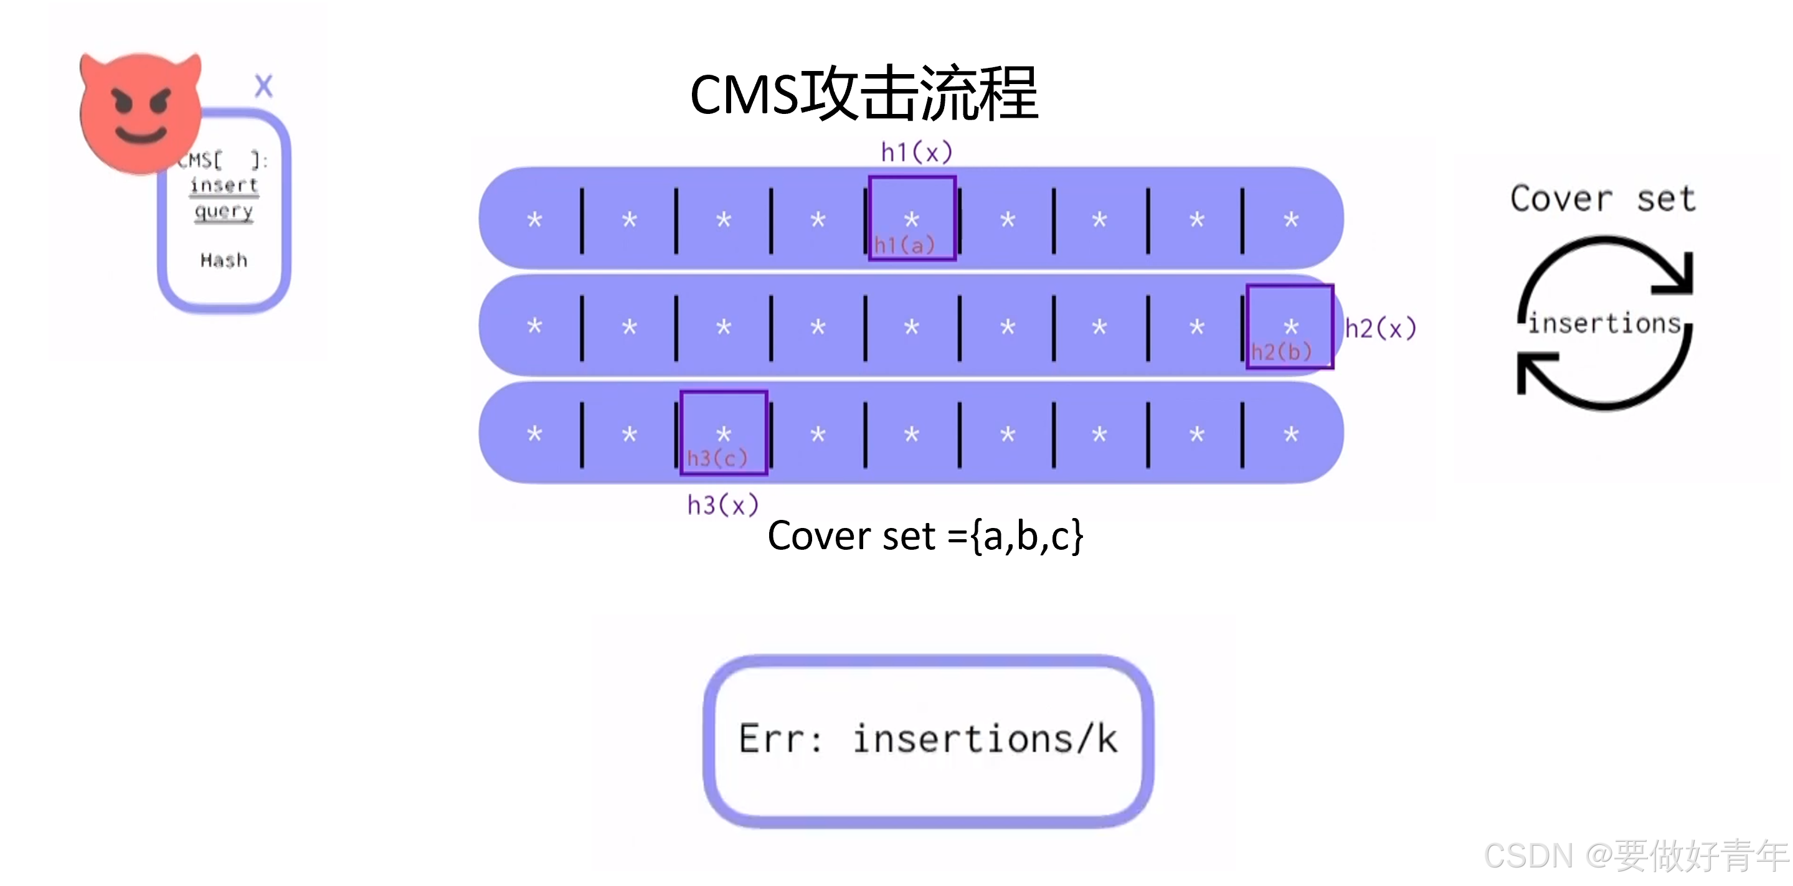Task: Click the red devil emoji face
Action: (141, 111)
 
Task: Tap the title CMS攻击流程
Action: (864, 94)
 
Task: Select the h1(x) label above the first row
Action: (916, 152)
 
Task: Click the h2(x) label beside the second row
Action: (1379, 328)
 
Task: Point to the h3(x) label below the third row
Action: (722, 504)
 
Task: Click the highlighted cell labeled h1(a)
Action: (912, 219)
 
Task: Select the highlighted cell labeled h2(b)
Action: (1290, 326)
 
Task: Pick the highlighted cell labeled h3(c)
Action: (724, 433)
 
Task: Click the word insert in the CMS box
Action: (224, 185)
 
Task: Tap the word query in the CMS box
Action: (224, 211)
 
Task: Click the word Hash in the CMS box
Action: (224, 260)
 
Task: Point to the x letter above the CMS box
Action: (263, 87)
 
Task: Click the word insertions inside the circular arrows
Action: (1604, 324)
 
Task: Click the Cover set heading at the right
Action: (1603, 199)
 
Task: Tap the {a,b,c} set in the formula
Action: (1026, 536)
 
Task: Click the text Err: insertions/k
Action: (928, 739)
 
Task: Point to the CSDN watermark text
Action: (1635, 855)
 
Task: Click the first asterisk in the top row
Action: (534, 220)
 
